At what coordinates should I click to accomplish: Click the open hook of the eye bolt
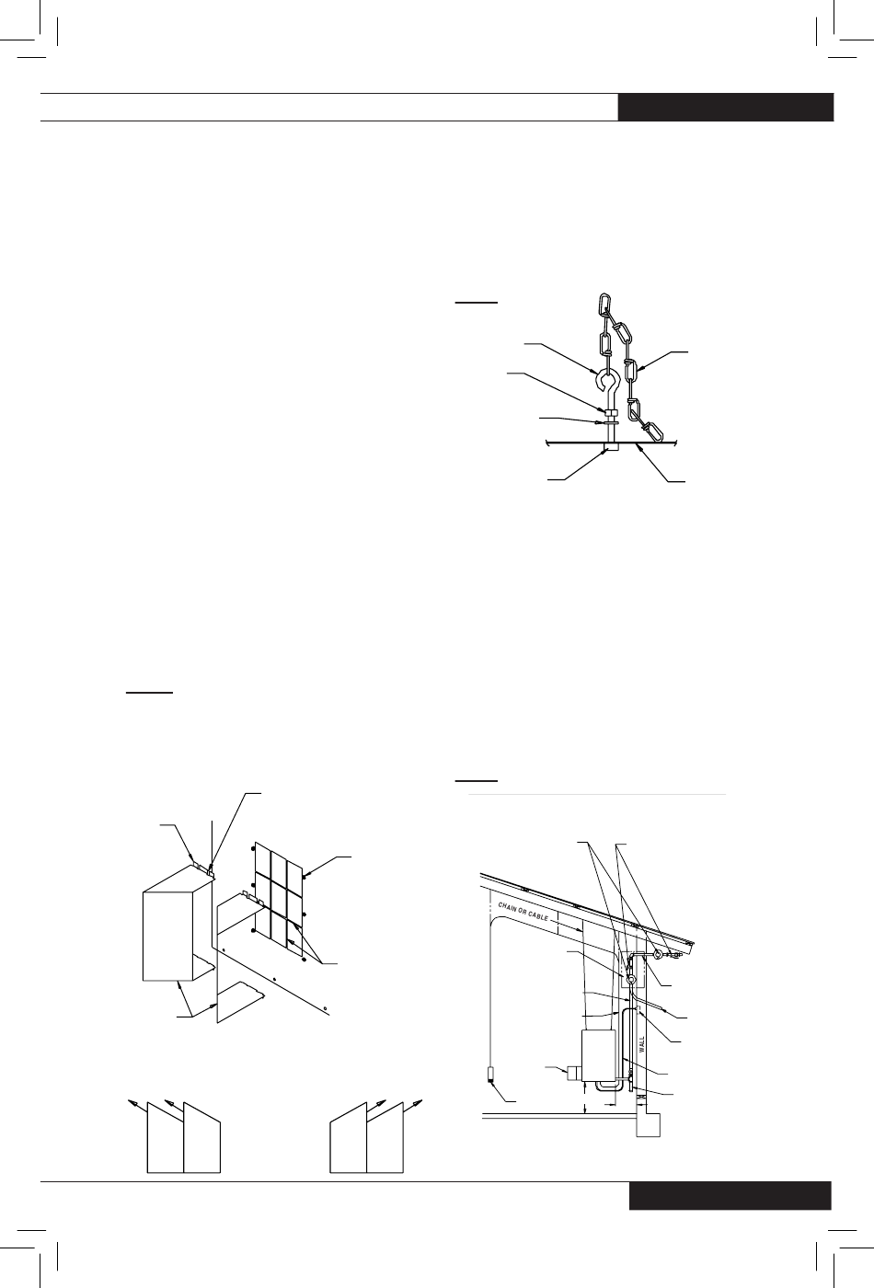point(600,379)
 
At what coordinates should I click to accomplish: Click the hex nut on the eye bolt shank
point(610,412)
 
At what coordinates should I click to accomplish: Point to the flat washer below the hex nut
point(610,422)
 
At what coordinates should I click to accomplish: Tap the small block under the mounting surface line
point(610,447)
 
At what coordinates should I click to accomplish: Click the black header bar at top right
point(726,107)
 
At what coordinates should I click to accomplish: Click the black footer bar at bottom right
point(730,1195)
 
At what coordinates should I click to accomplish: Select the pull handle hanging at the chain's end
point(491,1074)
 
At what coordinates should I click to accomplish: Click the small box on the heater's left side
point(574,1072)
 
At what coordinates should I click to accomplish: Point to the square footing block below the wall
point(648,1124)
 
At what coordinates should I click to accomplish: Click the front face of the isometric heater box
point(167,936)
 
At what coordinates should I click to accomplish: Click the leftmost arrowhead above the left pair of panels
point(132,1102)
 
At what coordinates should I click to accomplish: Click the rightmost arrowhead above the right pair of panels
point(418,1102)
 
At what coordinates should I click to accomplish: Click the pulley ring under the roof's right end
point(657,954)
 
